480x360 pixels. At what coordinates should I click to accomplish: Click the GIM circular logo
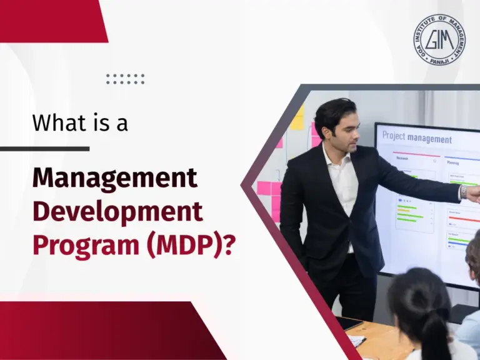[439, 40]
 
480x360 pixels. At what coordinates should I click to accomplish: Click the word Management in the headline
[115, 179]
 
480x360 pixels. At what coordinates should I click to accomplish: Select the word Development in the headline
[117, 212]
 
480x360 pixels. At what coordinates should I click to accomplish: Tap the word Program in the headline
[74, 245]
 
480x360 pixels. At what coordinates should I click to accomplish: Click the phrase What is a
[80, 122]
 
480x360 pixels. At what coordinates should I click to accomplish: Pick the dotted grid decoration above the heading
[125, 79]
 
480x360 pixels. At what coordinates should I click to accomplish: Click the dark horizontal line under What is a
[44, 149]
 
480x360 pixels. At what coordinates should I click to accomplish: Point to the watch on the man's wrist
[463, 192]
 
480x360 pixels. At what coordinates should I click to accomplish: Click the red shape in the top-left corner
[50, 19]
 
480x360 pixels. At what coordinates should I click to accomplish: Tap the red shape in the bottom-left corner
[94, 331]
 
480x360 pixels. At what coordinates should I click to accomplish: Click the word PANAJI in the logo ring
[439, 62]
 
